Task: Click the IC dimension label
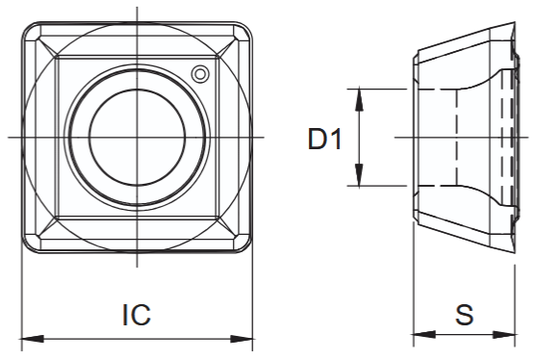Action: (x=137, y=315)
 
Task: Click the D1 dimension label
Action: (x=324, y=139)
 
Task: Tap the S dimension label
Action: (x=464, y=314)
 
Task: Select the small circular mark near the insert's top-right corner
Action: (x=200, y=74)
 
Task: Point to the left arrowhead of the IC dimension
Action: (x=33, y=339)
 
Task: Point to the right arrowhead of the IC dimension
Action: (x=242, y=339)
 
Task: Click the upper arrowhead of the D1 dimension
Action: (x=359, y=99)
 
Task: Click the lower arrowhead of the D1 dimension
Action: (x=359, y=175)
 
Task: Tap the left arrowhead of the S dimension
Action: (x=424, y=335)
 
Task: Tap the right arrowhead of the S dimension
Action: (x=503, y=335)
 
